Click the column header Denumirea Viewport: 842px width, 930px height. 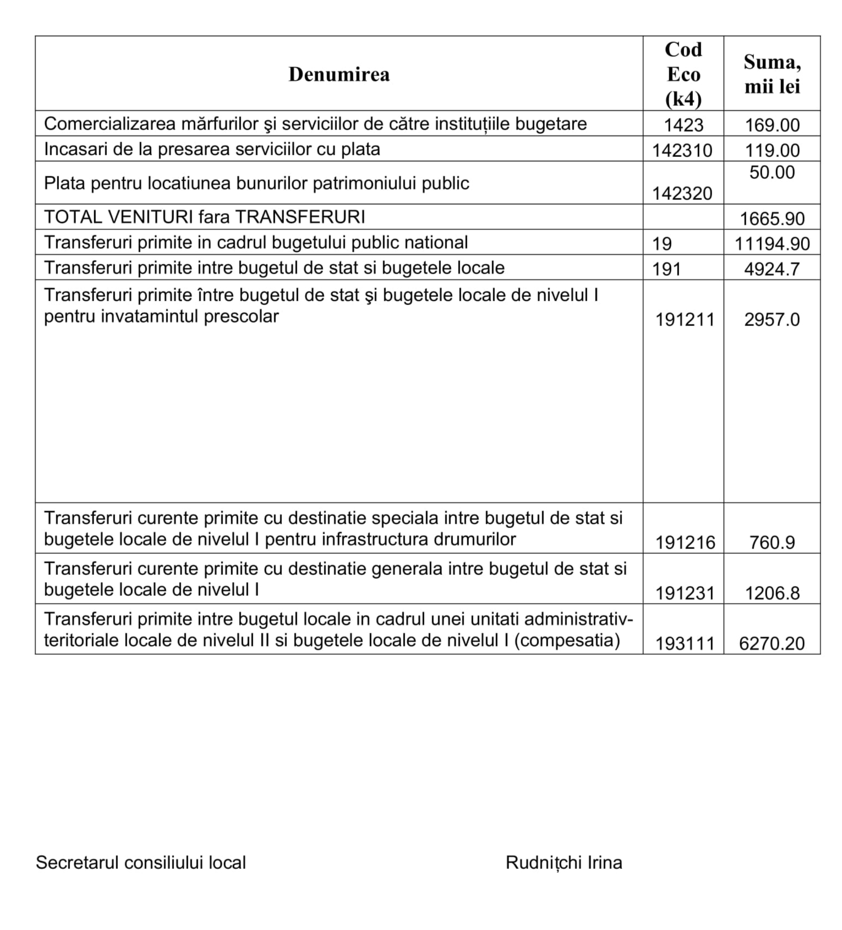(338, 74)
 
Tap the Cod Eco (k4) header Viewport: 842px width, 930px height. (683, 74)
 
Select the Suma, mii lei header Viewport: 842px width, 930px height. (772, 74)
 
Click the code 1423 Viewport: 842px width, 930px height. (684, 126)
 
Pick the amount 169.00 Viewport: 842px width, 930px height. (772, 126)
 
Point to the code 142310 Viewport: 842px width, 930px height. (682, 151)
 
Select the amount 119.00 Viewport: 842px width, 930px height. (772, 151)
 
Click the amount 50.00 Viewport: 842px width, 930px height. (772, 173)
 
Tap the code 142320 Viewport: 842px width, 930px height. (682, 194)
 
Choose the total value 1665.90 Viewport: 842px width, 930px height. (772, 219)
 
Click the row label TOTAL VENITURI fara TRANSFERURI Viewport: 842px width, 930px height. (204, 217)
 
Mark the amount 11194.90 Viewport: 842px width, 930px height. (772, 244)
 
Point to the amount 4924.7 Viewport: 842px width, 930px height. (772, 269)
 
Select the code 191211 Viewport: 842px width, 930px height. (685, 320)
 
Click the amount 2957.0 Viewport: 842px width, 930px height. (772, 320)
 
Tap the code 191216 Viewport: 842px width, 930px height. (685, 543)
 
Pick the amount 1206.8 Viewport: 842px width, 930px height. (772, 594)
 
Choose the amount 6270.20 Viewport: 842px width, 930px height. (772, 644)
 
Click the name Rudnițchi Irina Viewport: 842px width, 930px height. (564, 863)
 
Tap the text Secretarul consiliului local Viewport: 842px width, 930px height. (141, 863)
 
